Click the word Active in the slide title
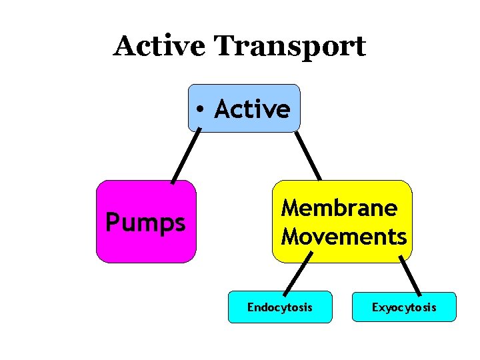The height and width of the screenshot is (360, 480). tap(159, 46)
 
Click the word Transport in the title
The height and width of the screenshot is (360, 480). tap(290, 47)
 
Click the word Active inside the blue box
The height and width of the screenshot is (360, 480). tap(252, 109)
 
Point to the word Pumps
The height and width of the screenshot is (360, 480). tap(145, 223)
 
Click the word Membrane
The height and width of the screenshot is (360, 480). tap(339, 208)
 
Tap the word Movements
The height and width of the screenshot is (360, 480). tap(344, 236)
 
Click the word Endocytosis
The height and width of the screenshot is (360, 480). tap(280, 307)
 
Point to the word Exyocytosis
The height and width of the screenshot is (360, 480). tap(404, 307)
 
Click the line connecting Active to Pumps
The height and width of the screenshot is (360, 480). tap(186, 157)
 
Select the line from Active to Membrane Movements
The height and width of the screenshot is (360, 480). tap(308, 157)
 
